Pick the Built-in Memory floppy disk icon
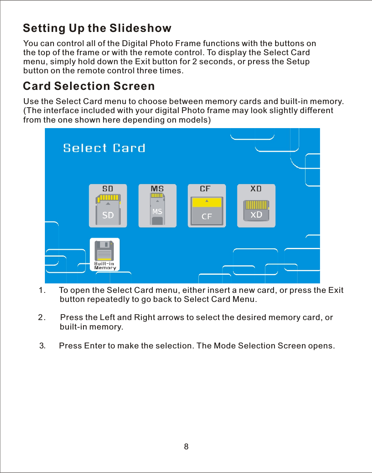(105, 254)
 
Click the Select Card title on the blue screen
(104, 148)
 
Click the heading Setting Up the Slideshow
(97, 28)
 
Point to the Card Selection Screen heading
(89, 86)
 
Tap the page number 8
(186, 447)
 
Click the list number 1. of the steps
(42, 291)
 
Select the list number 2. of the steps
(42, 318)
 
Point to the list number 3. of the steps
(43, 346)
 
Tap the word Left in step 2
(107, 318)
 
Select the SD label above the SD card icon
(108, 189)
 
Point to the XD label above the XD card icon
(256, 189)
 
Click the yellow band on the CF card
(207, 203)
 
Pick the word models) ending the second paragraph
(196, 120)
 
